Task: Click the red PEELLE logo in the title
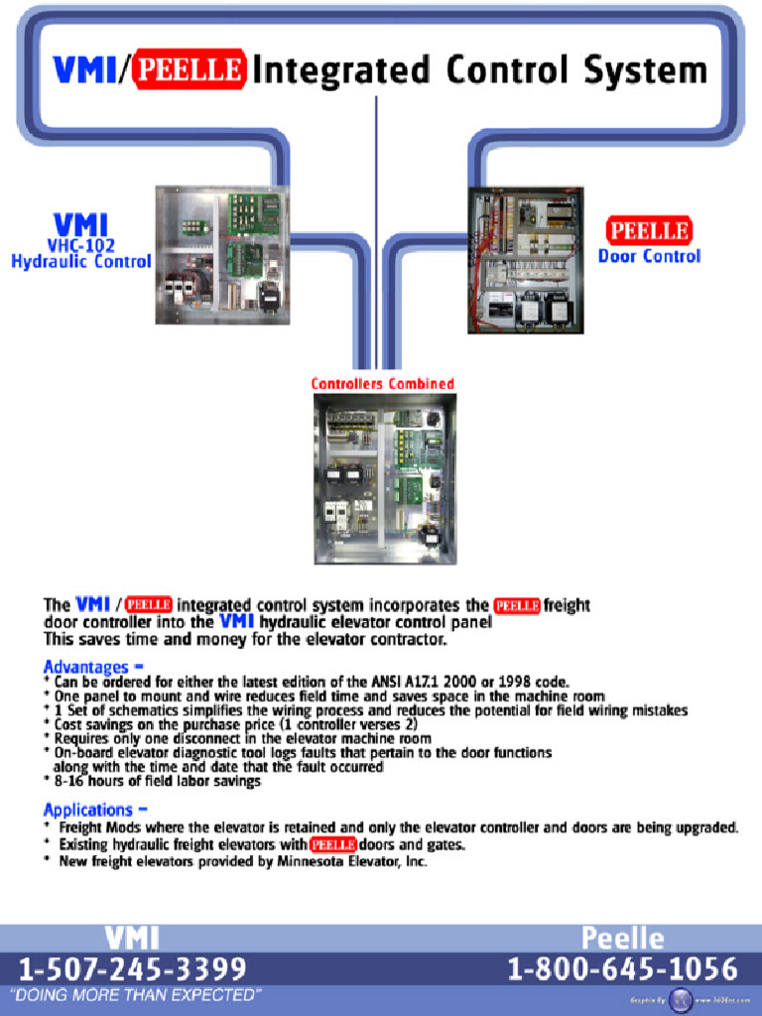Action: (x=189, y=69)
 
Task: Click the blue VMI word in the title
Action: (x=83, y=69)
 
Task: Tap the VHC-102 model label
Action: (x=81, y=244)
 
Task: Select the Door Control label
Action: (x=649, y=256)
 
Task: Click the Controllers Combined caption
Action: (x=382, y=384)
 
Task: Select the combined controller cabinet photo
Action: (x=385, y=478)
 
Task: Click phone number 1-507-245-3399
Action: (x=133, y=968)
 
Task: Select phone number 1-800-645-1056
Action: (x=622, y=968)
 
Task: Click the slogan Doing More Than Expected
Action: (x=135, y=995)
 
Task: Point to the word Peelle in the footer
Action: (x=622, y=938)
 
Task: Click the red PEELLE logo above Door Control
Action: (x=649, y=231)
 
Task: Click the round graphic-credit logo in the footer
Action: (x=682, y=1000)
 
